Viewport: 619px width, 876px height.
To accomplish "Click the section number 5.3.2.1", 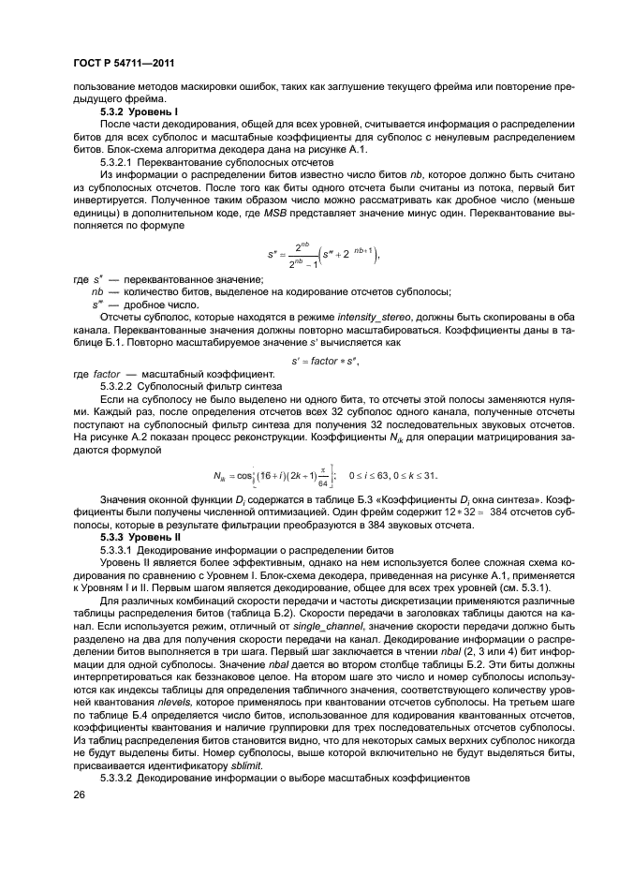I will (118, 160).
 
